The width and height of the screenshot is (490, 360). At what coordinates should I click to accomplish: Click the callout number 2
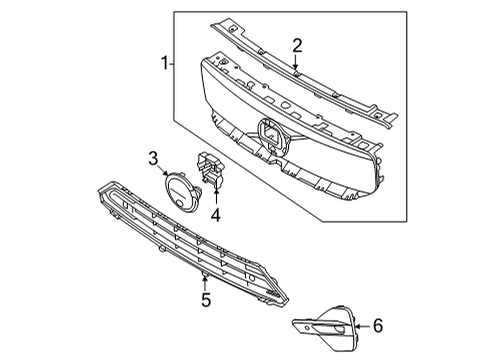pos(297,44)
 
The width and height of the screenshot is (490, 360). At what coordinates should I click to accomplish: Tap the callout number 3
pos(153,157)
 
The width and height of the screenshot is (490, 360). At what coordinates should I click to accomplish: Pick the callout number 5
pos(204,298)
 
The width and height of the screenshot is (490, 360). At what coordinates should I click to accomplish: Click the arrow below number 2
pos(297,64)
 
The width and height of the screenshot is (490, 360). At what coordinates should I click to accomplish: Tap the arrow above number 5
pos(204,277)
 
